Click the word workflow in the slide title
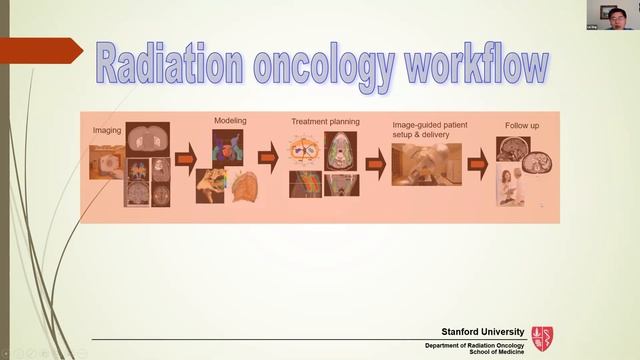point(477,65)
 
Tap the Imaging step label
point(107,130)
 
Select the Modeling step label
point(230,121)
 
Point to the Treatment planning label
point(324,121)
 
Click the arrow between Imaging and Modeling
point(186,159)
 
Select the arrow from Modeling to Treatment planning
point(267,158)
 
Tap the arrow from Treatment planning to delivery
point(375,162)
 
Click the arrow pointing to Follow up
point(479,157)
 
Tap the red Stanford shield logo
point(542,338)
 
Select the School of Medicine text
point(497,352)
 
